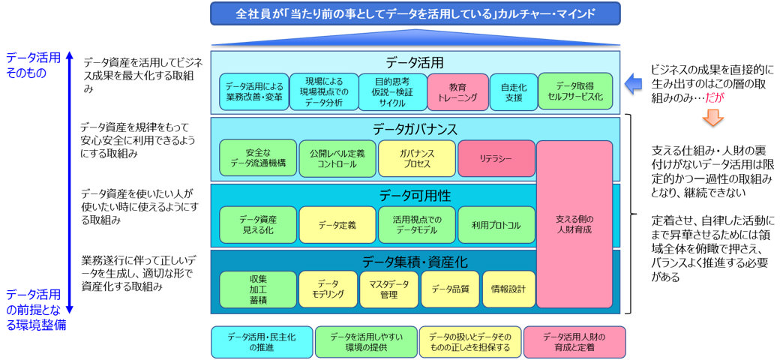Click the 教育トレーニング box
pos(457,91)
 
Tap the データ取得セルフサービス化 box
pos(575,91)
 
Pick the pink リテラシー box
pos(496,158)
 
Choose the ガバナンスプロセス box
pos(416,158)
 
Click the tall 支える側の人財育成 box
pos(574,224)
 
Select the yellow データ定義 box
pos(337,224)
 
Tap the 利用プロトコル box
pos(496,224)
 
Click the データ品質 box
pos(449,289)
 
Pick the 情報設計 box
pos(508,289)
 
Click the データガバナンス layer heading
pos(415,129)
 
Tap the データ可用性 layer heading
pos(415,195)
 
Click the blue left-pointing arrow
pos(634,83)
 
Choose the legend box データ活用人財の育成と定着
pos(574,342)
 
